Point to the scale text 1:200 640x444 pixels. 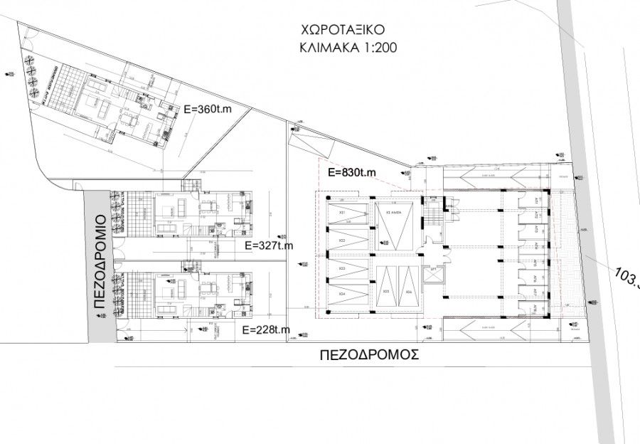point(373,49)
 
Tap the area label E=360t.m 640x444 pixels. point(208,110)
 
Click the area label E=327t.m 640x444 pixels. point(267,245)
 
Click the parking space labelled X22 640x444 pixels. point(343,240)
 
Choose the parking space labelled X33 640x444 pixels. point(343,268)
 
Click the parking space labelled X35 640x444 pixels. point(386,292)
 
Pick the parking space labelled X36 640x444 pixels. point(408,292)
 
